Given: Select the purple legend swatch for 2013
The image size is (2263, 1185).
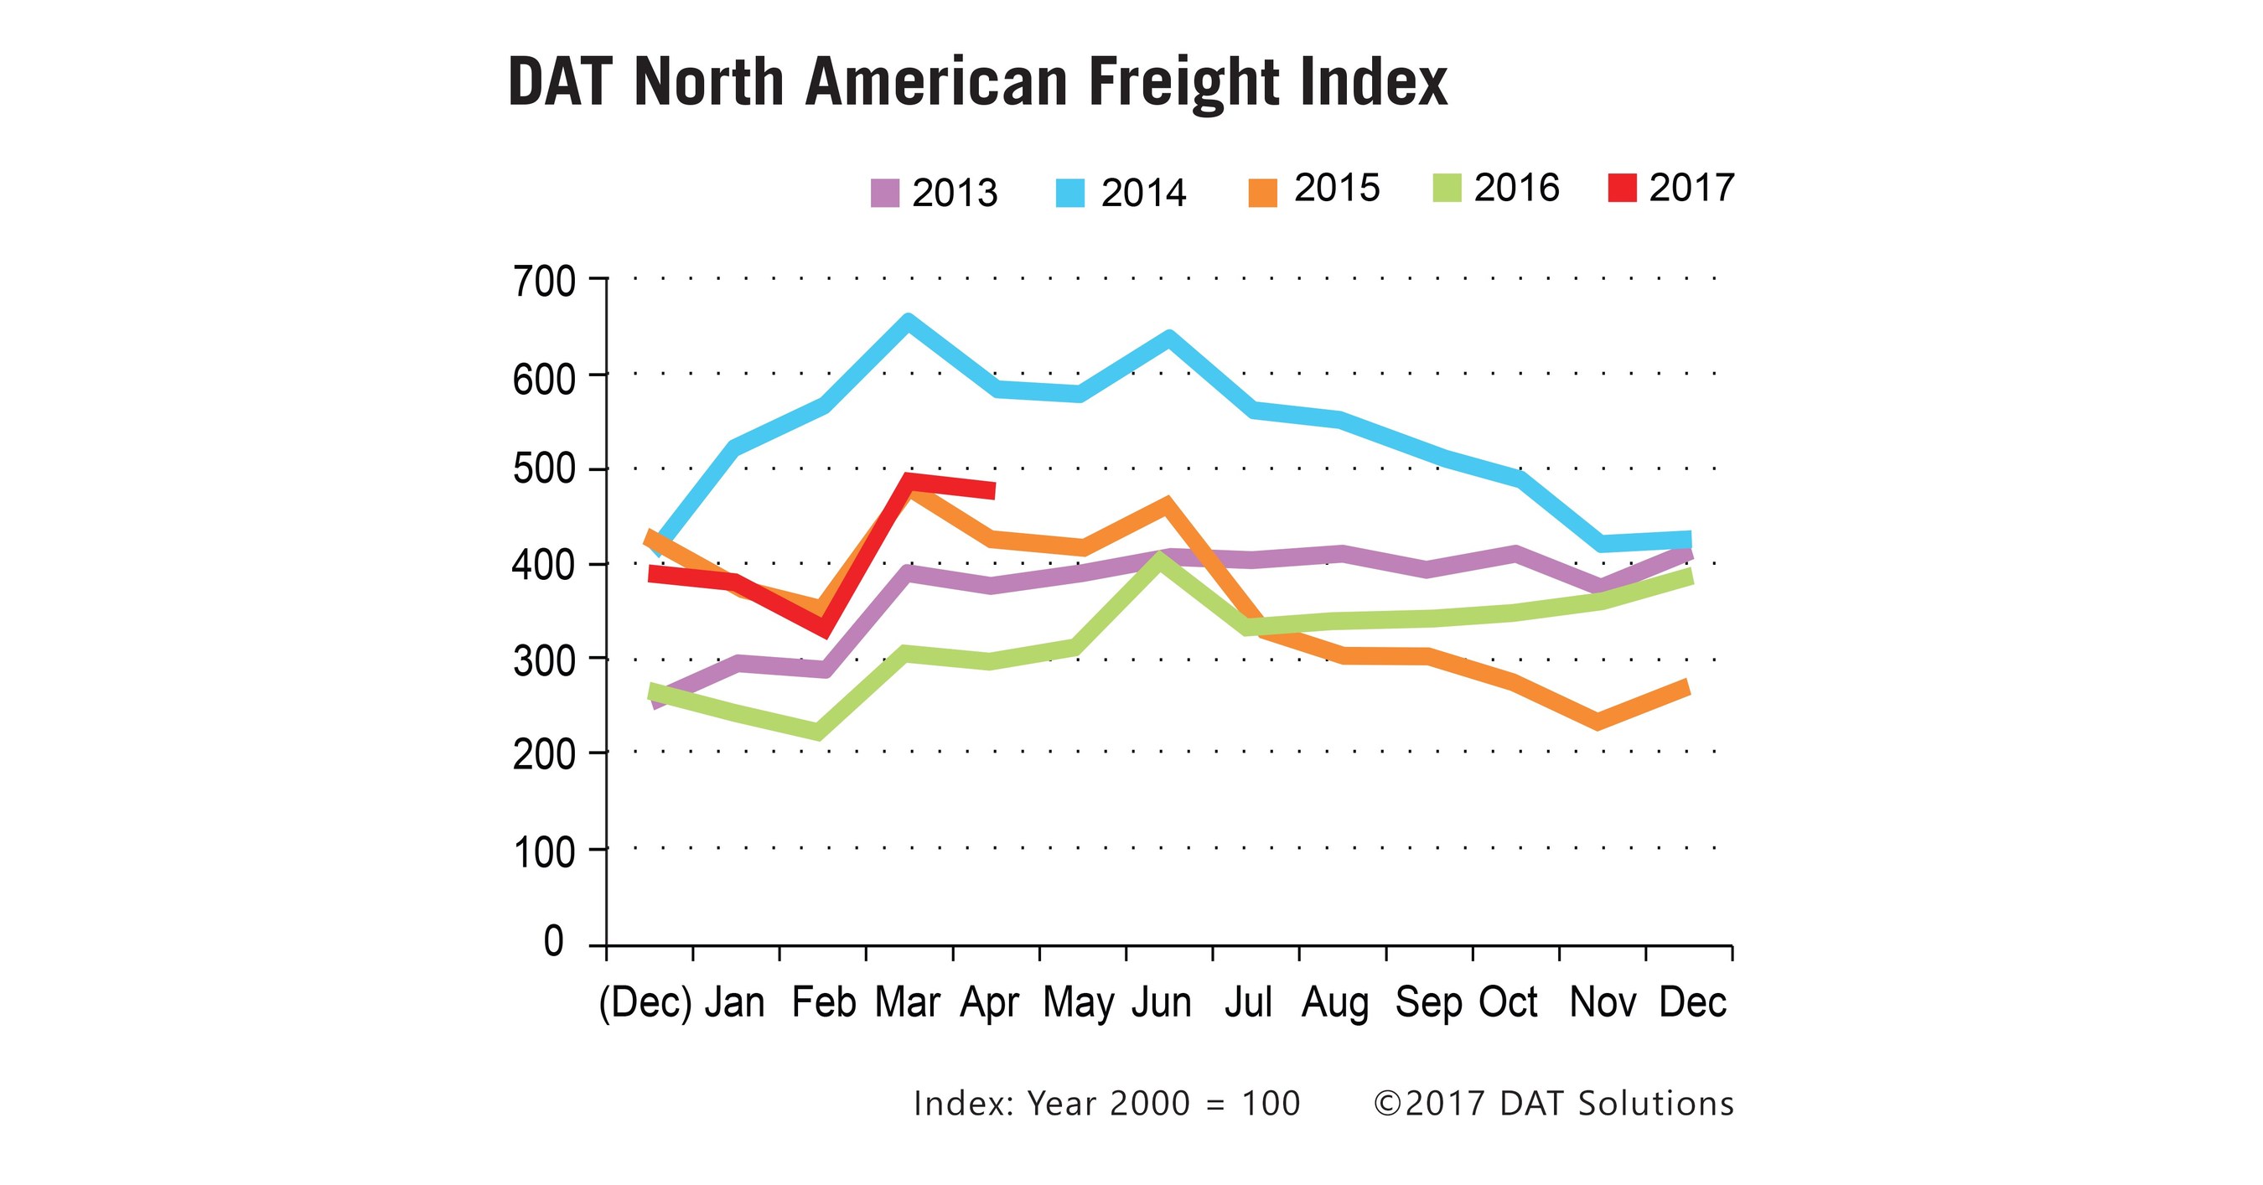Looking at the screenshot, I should [x=884, y=194].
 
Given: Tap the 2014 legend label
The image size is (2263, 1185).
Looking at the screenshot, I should [x=1143, y=194].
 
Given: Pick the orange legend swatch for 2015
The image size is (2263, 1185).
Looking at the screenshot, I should [x=1262, y=194].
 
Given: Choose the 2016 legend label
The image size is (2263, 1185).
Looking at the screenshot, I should [x=1516, y=188].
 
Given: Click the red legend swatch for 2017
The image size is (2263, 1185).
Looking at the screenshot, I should [x=1622, y=188].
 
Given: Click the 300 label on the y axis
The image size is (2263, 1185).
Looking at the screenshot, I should [x=544, y=660].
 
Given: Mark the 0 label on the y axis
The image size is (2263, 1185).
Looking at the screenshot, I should [x=553, y=942].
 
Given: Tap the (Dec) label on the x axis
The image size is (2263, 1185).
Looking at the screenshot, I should [x=645, y=1002].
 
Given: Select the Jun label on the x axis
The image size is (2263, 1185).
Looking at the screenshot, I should [x=1162, y=1002].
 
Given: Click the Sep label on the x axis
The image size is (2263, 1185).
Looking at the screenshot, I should [x=1427, y=1002].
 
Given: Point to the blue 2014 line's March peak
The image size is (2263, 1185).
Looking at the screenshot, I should [x=909, y=322].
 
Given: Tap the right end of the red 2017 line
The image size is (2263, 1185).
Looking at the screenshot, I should [x=992, y=490].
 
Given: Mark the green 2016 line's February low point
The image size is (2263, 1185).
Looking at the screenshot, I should [x=818, y=731].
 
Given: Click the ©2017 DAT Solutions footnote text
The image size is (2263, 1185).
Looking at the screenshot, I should [x=1553, y=1104].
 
